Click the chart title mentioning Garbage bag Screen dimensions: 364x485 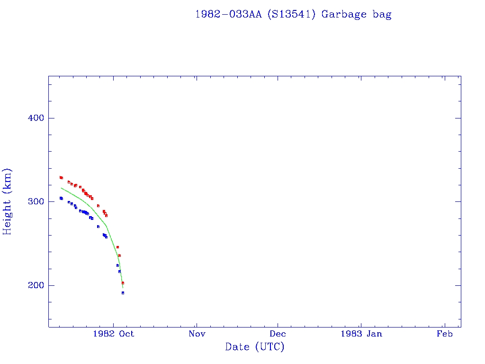[293, 14]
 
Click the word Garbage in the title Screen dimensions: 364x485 [344, 14]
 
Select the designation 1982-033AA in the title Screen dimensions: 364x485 [229, 14]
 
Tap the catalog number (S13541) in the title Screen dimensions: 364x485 [291, 14]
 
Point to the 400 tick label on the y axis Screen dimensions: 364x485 [33, 118]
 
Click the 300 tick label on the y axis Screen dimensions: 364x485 [33, 201]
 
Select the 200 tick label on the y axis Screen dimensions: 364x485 [33, 285]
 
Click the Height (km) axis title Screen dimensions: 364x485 [8, 201]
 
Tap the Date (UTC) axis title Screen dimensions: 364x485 [255, 347]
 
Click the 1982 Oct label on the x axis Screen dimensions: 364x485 [114, 334]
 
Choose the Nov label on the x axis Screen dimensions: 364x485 [196, 334]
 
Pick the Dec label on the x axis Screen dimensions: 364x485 [278, 334]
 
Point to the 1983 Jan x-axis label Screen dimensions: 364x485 [361, 334]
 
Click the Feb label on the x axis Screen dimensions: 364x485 [444, 334]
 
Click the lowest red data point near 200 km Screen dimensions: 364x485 [123, 283]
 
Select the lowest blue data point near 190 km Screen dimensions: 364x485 [123, 293]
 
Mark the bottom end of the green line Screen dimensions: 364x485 [123, 288]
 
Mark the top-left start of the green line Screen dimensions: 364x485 [61, 188]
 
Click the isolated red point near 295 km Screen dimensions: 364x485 [98, 206]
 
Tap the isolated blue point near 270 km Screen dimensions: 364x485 [98, 227]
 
